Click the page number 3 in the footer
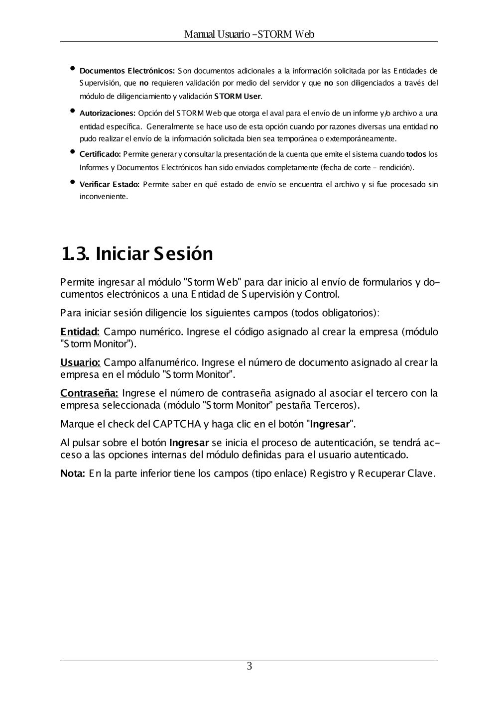click(249, 667)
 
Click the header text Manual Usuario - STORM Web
click(249, 34)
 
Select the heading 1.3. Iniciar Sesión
click(137, 253)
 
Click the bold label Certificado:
click(100, 154)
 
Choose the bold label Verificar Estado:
click(109, 185)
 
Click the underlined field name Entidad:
click(80, 332)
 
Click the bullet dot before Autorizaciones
click(73, 111)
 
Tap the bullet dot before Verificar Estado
click(73, 182)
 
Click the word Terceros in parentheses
click(338, 405)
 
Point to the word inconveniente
click(103, 197)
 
